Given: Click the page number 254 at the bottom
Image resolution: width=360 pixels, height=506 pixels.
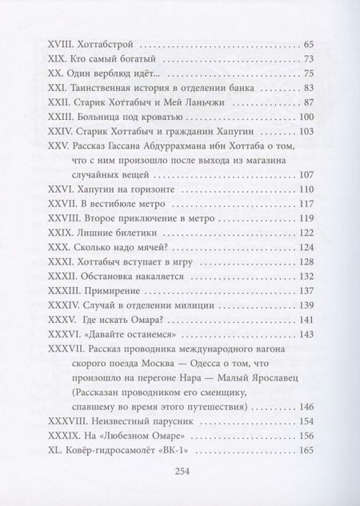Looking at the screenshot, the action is click(180, 472).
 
